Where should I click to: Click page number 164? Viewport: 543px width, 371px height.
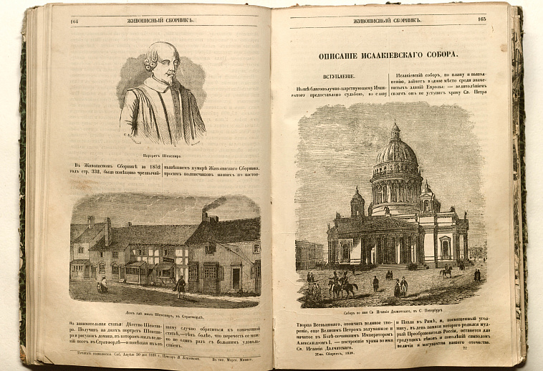tap(75, 21)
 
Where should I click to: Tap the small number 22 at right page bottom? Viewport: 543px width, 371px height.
tap(466, 349)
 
